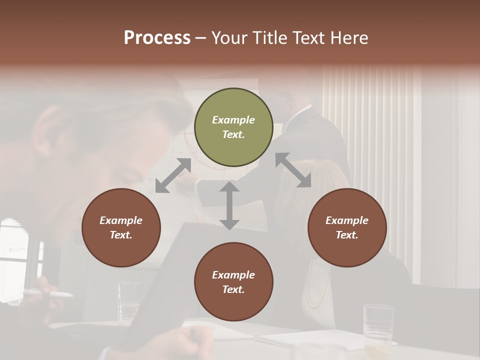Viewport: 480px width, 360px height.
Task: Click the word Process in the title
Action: click(x=157, y=38)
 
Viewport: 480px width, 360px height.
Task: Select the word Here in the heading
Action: click(x=348, y=38)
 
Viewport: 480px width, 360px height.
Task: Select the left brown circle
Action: click(x=121, y=228)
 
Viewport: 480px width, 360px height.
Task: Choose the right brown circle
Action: click(x=347, y=228)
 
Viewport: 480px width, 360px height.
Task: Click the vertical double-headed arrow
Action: click(x=229, y=205)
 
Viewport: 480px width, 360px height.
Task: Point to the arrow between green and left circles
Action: click(x=173, y=175)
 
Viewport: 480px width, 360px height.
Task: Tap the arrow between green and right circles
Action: click(x=293, y=170)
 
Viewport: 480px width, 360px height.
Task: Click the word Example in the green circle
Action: click(x=233, y=120)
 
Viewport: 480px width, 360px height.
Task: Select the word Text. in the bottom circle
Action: click(x=233, y=289)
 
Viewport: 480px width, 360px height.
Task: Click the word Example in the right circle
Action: click(x=347, y=220)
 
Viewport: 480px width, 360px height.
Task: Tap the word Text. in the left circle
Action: click(x=121, y=235)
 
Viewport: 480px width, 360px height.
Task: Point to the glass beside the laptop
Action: click(x=129, y=300)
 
